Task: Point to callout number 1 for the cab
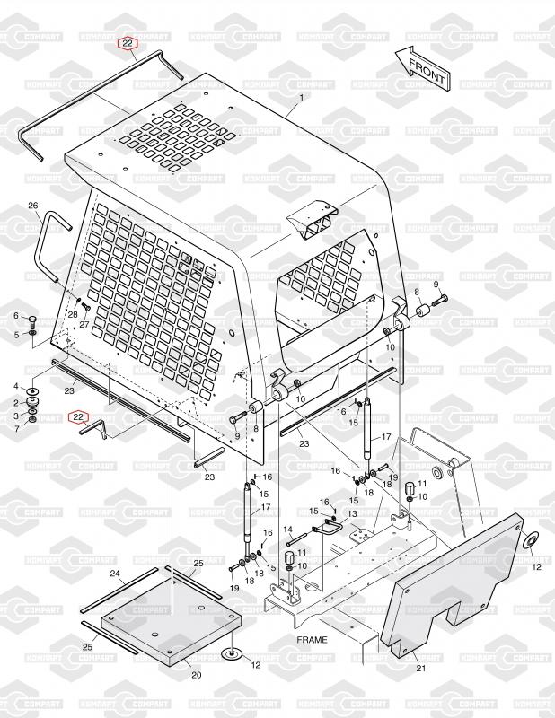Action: point(302,97)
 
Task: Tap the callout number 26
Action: point(33,206)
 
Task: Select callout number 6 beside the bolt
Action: point(15,315)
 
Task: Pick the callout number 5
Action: point(15,335)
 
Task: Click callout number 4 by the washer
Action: point(15,386)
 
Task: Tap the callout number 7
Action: point(15,429)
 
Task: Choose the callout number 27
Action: point(84,325)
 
